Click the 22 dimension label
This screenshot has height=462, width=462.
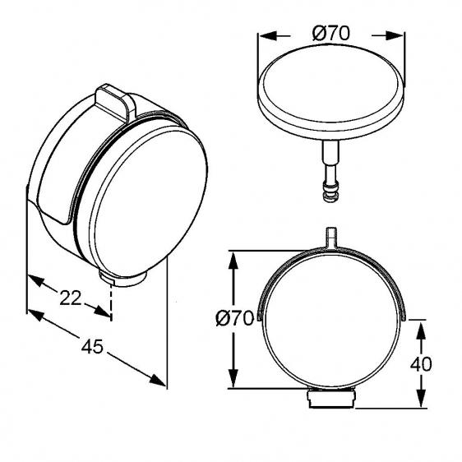click(70, 298)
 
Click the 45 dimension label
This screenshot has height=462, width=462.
click(92, 346)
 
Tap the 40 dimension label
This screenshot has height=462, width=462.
click(421, 364)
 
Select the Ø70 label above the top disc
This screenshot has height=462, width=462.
click(331, 34)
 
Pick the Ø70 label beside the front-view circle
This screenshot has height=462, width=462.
click(234, 318)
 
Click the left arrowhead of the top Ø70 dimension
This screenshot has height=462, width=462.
click(267, 35)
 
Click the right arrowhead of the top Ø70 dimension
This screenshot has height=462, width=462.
click(395, 35)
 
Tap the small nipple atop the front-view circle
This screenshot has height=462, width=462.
click(330, 237)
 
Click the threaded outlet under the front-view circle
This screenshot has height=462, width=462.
click(331, 399)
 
